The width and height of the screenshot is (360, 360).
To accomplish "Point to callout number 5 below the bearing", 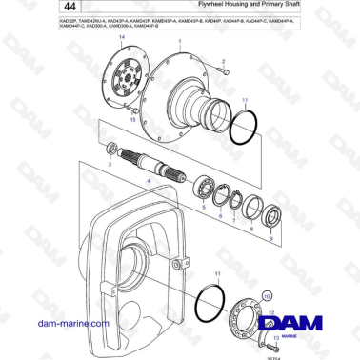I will [203, 207].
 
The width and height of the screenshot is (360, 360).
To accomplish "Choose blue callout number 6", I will [221, 216].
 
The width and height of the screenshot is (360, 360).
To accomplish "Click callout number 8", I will [250, 230].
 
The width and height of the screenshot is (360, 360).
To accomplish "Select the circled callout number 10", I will [268, 296].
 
